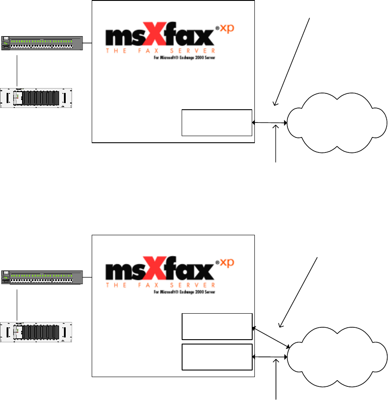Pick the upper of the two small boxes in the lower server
pyautogui.click(x=216, y=326)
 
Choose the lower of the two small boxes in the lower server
pyautogui.click(x=216, y=357)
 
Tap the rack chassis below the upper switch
pyautogui.click(x=36, y=99)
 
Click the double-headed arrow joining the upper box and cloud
pyautogui.click(x=269, y=123)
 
